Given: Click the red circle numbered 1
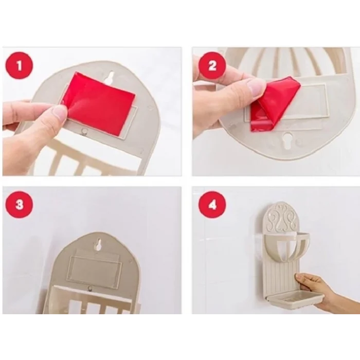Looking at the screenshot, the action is [20, 65].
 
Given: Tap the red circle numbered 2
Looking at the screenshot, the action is [212, 65].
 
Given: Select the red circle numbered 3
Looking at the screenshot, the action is [20, 205].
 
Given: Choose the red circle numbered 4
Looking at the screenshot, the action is [212, 205].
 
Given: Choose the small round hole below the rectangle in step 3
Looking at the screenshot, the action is [91, 288].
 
